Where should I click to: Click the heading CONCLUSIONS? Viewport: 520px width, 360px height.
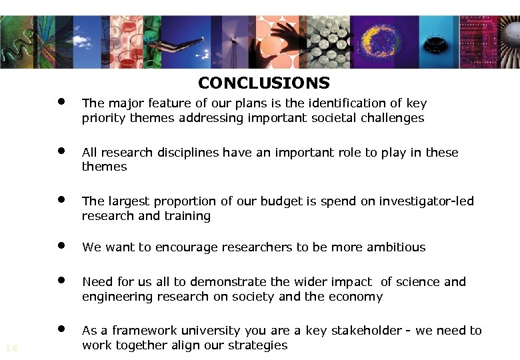(x=263, y=83)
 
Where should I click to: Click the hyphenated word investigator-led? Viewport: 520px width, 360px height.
(x=427, y=201)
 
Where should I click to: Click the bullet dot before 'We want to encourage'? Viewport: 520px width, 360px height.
(x=61, y=245)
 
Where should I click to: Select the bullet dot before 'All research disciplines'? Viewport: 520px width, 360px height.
(x=61, y=150)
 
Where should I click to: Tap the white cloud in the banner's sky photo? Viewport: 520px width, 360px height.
(x=82, y=41)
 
